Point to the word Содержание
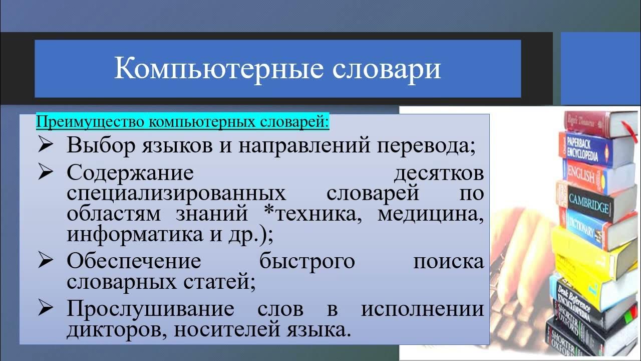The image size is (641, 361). (x=130, y=173)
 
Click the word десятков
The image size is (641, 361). (x=439, y=173)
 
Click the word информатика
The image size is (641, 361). (x=134, y=234)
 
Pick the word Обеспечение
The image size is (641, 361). (x=134, y=261)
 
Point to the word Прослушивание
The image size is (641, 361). (x=150, y=308)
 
